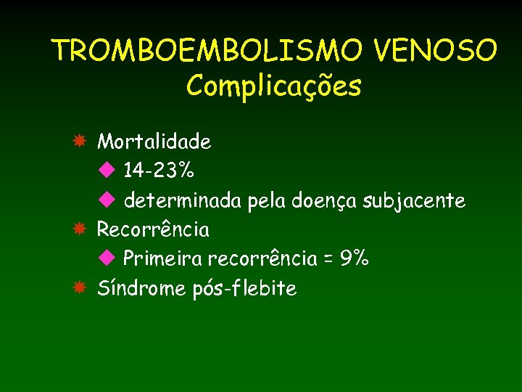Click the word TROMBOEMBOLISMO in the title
click(x=208, y=51)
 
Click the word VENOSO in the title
click(x=436, y=51)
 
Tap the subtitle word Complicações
click(x=273, y=86)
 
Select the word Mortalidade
click(x=154, y=142)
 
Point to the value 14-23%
click(x=158, y=171)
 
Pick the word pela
click(x=266, y=201)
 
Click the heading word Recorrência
click(x=153, y=230)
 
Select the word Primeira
click(x=162, y=258)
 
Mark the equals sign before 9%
click(x=330, y=259)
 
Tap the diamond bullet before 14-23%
click(x=107, y=171)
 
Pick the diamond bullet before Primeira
click(x=107, y=258)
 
